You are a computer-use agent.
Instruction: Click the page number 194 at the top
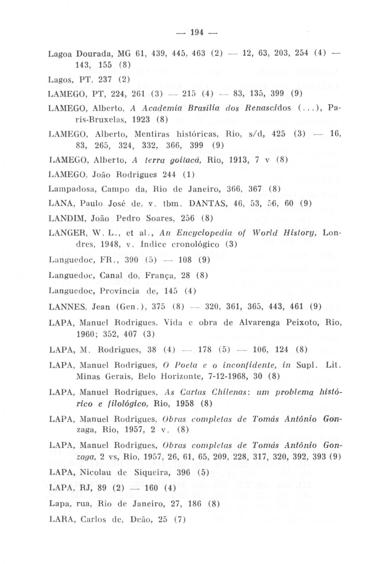(x=197, y=32)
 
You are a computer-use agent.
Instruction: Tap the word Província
(x=120, y=290)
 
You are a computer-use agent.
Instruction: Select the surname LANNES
(x=67, y=306)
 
